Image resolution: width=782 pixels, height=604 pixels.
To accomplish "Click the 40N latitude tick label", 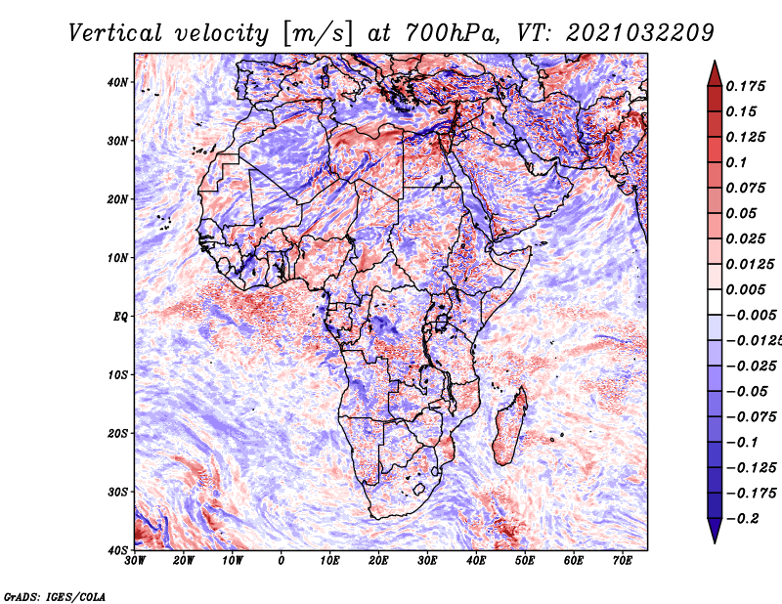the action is point(117,82).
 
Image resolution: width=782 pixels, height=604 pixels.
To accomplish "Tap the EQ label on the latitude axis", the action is point(120,317).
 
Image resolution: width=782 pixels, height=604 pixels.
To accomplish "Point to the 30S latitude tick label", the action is point(117,492).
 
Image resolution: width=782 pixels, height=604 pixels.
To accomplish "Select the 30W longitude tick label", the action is point(135,561).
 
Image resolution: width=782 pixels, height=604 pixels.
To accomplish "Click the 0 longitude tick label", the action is point(282,561).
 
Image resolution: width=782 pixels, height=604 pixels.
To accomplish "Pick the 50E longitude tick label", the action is point(525,561).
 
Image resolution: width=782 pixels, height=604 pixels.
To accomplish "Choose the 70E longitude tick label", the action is point(623,561).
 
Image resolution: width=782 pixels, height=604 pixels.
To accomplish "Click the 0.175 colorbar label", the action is point(746,86).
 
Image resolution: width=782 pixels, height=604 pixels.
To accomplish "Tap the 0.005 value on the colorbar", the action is point(746,289).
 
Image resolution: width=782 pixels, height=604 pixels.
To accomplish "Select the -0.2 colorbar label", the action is point(743,519).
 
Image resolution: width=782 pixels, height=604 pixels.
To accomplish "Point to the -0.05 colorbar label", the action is point(747,392).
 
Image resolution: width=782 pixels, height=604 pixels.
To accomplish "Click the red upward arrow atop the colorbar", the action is point(715,74).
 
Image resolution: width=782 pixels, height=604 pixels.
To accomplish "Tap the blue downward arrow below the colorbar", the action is point(715,531).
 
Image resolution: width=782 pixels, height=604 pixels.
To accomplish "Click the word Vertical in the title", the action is point(115,33).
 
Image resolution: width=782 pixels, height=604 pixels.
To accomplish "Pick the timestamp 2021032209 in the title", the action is point(640,33).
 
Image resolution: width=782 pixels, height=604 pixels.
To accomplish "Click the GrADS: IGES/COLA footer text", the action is point(55,596).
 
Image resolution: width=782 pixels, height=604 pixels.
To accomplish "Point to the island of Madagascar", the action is point(509,426).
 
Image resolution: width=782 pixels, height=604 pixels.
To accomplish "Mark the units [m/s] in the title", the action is point(318,34).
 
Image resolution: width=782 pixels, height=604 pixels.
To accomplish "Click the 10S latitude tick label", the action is point(117,375).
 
